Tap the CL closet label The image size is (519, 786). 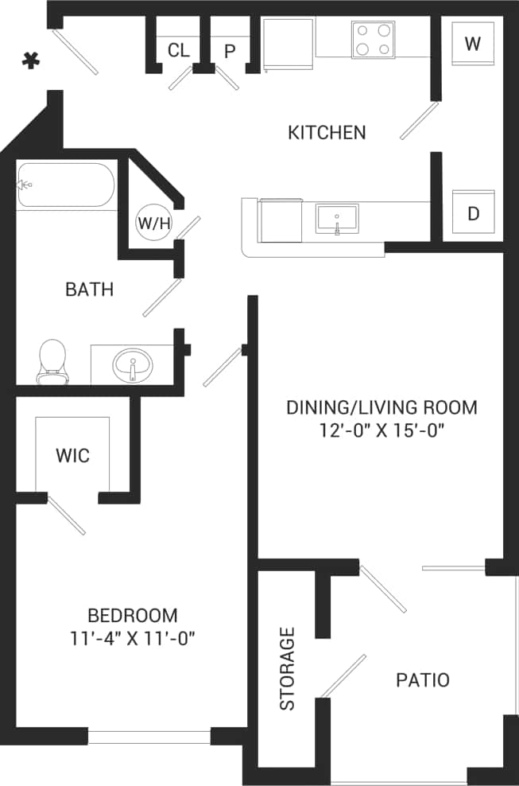coord(179,51)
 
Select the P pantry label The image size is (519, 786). coord(230,52)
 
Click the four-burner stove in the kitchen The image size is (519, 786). coord(374,40)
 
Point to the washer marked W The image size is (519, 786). coord(473,44)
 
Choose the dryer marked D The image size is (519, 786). coord(473,213)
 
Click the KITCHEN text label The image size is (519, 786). coord(327,132)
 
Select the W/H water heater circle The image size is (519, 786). coord(154,223)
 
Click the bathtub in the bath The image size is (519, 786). coord(65,186)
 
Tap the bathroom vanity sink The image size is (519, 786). coord(132,367)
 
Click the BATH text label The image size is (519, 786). coord(89,290)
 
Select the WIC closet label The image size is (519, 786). coord(72,456)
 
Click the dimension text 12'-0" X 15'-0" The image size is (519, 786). coord(381,431)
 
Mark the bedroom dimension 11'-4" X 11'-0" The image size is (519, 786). coord(132,638)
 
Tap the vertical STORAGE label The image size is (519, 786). coord(287,668)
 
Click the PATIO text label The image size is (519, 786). coord(423,680)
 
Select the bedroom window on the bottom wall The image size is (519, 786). coord(149,737)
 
